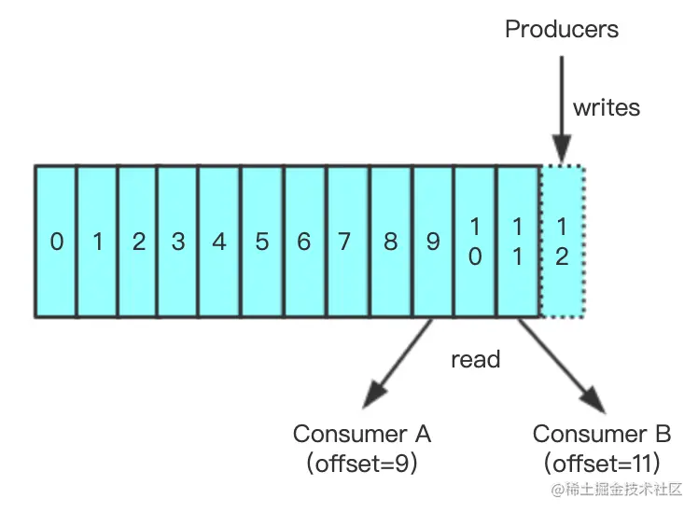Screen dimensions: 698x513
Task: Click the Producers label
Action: [562, 29]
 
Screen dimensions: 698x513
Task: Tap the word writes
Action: [607, 107]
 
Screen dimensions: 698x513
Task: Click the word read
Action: [475, 359]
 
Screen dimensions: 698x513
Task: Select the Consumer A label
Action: [362, 434]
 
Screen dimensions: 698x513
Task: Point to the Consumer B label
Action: [601, 434]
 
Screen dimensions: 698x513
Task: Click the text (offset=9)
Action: [362, 464]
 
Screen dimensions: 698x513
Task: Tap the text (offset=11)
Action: [601, 464]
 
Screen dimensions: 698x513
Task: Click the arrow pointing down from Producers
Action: [562, 109]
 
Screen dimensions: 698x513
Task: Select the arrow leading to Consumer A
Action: [398, 363]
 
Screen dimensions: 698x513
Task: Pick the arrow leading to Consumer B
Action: [562, 366]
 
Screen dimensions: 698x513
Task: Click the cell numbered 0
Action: [56, 242]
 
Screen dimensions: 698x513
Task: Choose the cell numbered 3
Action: [178, 242]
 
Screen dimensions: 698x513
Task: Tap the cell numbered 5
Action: [262, 242]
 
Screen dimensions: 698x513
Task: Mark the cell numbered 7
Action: [348, 242]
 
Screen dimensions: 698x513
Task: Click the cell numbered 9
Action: [434, 242]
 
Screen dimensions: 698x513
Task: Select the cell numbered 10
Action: [475, 242]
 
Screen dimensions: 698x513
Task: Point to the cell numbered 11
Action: [518, 242]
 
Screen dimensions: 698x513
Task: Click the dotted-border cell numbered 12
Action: [562, 242]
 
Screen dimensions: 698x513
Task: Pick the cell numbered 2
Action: [138, 242]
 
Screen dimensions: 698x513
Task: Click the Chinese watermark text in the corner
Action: [617, 490]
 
